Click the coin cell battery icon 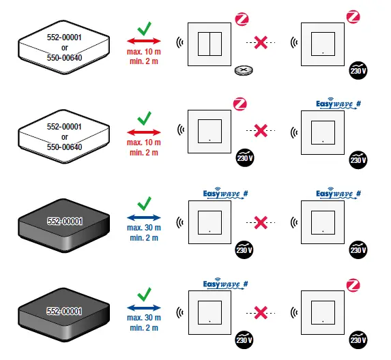(242, 70)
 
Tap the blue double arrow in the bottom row (143, 307)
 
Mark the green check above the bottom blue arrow (144, 294)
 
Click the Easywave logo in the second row (338, 104)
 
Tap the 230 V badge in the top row (356, 70)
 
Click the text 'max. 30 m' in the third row (143, 227)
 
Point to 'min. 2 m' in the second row (143, 152)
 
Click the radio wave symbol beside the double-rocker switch (180, 42)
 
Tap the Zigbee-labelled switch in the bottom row (323, 312)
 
